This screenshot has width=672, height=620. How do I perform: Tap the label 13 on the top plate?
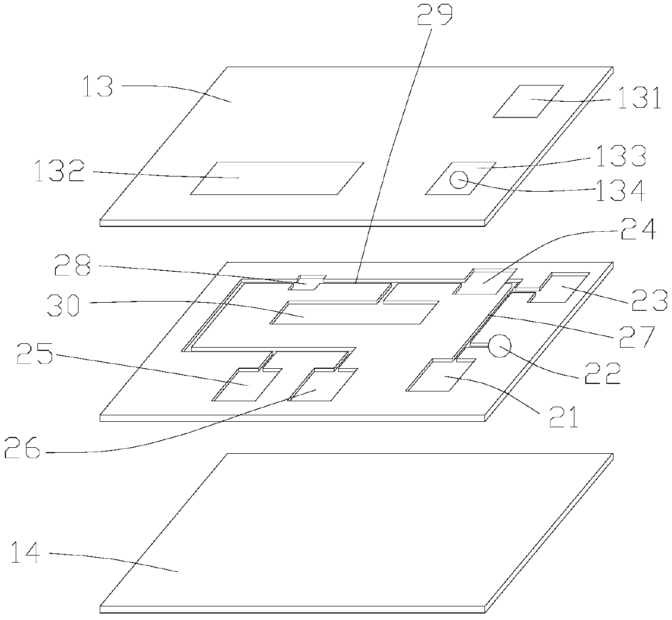(x=98, y=86)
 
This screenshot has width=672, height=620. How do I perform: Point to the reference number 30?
(x=63, y=306)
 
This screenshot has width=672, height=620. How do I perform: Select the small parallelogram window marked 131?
(x=528, y=101)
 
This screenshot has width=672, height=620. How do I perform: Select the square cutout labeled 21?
(x=436, y=375)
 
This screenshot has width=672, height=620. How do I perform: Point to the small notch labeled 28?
(x=311, y=280)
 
